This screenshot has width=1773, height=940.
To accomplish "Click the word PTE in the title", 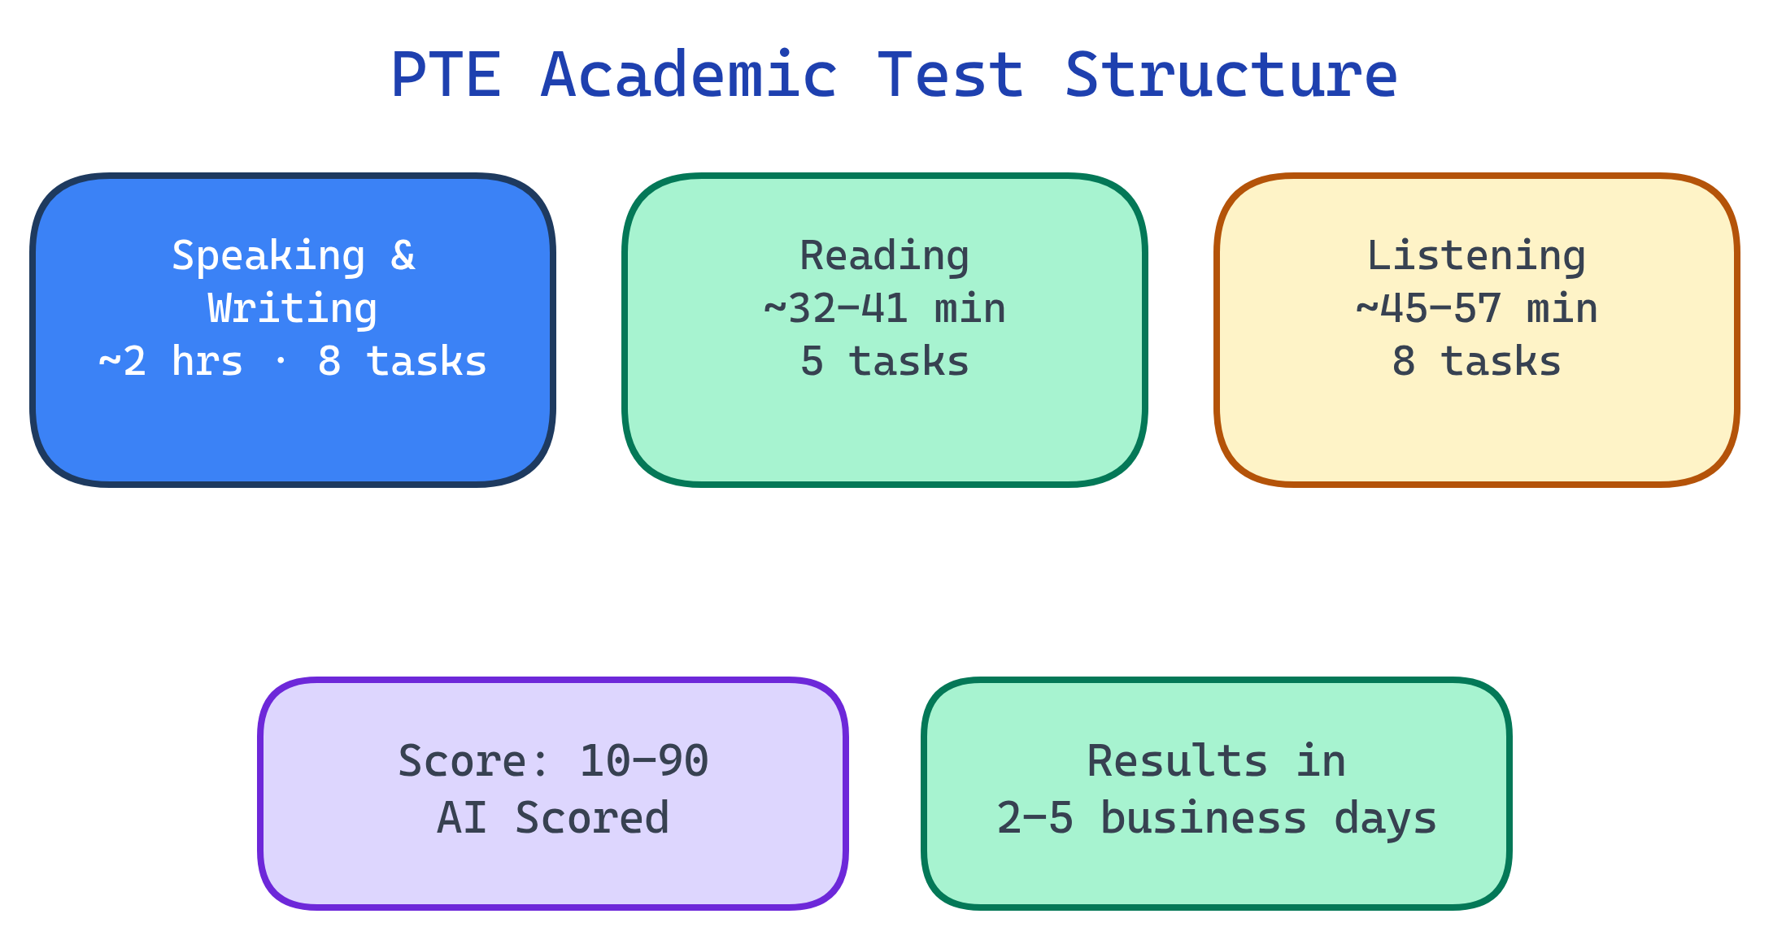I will pos(446,76).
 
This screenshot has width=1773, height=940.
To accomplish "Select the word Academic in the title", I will pos(688,76).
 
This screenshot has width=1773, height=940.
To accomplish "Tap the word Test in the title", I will pos(950,76).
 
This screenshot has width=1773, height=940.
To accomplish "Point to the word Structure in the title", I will pos(1231,76).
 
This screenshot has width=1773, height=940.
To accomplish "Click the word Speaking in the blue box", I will pos(268,256).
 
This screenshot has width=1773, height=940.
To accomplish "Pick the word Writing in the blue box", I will pos(293,309).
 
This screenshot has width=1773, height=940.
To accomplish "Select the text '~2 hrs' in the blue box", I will pos(171,362).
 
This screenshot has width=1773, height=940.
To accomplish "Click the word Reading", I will pos(885,256).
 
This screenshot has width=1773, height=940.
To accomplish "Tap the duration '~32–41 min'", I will pos(885,309).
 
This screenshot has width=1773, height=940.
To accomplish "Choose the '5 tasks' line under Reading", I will pos(885,362).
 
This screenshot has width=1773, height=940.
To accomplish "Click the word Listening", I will pos(1476,256).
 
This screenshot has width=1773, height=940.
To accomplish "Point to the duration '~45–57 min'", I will pos(1476,309).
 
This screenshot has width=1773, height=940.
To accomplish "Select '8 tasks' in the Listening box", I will pos(1476,362).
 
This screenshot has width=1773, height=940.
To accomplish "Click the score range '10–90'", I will pos(643,762).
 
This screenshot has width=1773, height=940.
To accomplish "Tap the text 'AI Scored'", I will pos(553,818).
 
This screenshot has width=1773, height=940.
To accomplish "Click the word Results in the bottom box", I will pos(1177,762).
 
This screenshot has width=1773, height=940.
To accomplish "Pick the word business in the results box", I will pos(1204,818).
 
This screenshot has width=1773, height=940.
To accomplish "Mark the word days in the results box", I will pos(1385,818).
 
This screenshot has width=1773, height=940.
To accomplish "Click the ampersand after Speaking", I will pos(403,256).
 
